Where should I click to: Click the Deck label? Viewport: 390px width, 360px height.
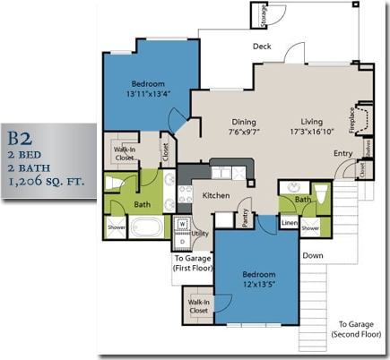pos(262,46)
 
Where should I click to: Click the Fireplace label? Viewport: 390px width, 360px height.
pos(351,121)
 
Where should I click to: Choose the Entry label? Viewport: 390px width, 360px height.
pos(342,153)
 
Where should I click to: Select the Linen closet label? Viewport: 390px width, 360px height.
pos(289,223)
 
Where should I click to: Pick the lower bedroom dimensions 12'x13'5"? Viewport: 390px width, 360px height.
pos(258,285)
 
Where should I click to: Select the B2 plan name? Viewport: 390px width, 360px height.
pos(22,138)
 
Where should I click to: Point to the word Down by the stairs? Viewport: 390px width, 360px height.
pos(313,255)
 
